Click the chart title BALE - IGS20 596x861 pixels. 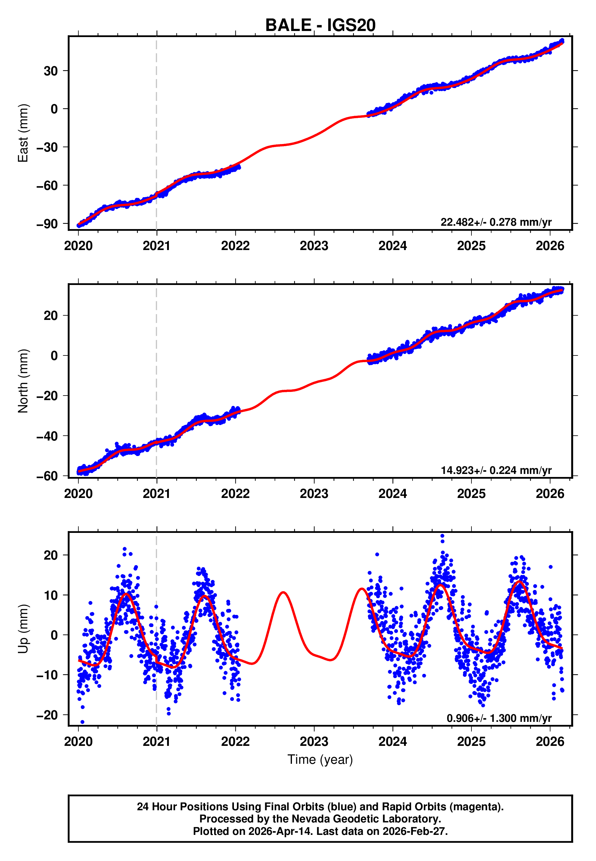320,26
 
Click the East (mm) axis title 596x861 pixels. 23,133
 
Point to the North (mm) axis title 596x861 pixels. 23,381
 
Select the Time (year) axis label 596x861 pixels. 320,760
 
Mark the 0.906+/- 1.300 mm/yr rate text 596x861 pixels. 498,718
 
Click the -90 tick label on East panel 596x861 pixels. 47,224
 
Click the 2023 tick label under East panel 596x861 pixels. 314,246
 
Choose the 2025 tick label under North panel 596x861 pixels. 471,494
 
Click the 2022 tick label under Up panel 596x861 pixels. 235,742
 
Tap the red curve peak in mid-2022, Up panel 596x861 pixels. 283,592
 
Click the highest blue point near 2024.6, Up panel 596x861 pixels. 442,536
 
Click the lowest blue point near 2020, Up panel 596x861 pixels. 83,722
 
